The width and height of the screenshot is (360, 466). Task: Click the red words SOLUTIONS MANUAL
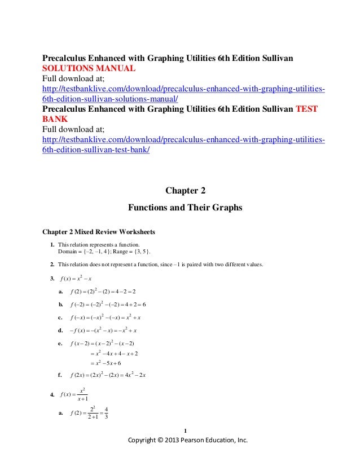tap(89, 69)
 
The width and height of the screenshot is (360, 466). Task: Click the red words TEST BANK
tap(308, 109)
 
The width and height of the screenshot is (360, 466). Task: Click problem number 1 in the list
tap(52, 244)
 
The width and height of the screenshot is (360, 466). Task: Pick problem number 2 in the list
tap(52, 265)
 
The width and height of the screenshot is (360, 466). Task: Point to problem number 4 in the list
tap(52, 393)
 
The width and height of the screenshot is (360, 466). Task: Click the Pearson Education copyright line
tap(188, 440)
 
